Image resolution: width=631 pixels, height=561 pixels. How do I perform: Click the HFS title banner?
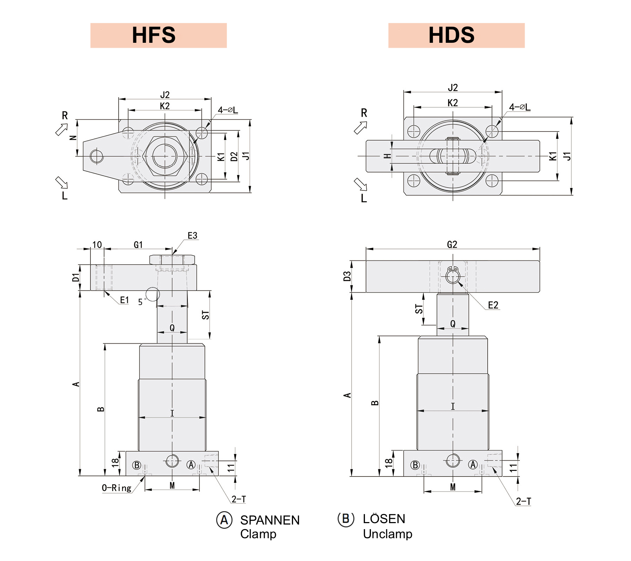pyautogui.click(x=158, y=35)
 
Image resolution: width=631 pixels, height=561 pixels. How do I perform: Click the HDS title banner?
pyautogui.click(x=456, y=35)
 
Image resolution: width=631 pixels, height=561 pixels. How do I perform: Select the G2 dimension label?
pyautogui.click(x=452, y=244)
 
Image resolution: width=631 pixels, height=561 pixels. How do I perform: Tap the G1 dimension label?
pyautogui.click(x=138, y=245)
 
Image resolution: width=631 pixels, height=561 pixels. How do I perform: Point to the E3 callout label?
pyautogui.click(x=192, y=236)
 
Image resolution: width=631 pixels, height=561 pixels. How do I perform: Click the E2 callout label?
pyautogui.click(x=493, y=305)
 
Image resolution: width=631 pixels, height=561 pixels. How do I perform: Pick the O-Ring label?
pyautogui.click(x=116, y=488)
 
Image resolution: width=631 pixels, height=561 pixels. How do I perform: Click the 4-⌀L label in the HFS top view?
pyautogui.click(x=228, y=110)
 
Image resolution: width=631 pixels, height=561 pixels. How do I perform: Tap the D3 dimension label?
pyautogui.click(x=347, y=276)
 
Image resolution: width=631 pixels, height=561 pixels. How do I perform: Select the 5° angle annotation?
pyautogui.click(x=142, y=302)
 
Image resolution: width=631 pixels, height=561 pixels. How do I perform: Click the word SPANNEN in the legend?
pyautogui.click(x=270, y=520)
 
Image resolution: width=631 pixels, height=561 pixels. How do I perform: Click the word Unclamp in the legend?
pyautogui.click(x=387, y=534)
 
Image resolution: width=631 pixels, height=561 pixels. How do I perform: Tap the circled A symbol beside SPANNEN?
pyautogui.click(x=224, y=520)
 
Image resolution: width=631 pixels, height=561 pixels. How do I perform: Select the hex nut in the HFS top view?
pyautogui.click(x=165, y=156)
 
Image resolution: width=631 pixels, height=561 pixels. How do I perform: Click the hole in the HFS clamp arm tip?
pyautogui.click(x=97, y=156)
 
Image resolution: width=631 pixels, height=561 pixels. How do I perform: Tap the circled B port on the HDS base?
pyautogui.click(x=415, y=465)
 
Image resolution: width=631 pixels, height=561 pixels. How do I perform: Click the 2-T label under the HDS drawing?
pyautogui.click(x=523, y=501)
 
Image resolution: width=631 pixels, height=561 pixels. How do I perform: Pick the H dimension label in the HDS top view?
pyautogui.click(x=387, y=156)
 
